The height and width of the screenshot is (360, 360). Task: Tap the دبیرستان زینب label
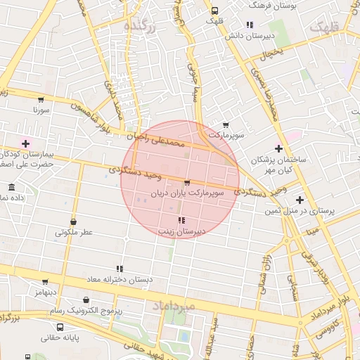(181, 230)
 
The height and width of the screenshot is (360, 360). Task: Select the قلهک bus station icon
(214, 11)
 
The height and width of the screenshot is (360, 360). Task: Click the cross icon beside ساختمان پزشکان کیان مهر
(279, 148)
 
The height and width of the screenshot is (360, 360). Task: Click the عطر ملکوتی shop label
(75, 232)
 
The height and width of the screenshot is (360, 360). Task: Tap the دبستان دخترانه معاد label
(120, 279)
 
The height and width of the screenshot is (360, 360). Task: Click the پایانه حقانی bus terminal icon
(60, 327)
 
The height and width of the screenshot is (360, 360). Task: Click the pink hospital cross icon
(26, 143)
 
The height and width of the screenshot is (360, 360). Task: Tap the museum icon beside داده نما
(11, 188)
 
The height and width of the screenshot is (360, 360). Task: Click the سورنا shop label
(41, 110)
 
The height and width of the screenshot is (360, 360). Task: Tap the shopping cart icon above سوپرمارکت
(225, 124)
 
